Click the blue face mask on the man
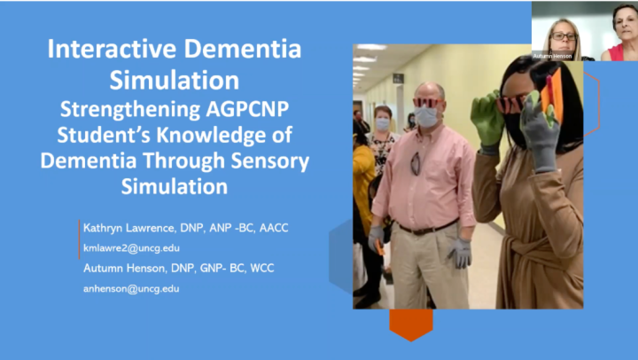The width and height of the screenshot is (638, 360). point(426,115)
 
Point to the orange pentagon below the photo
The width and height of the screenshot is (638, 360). point(410,325)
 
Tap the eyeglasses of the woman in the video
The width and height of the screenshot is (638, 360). point(563,36)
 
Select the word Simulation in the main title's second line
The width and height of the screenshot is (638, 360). point(174,81)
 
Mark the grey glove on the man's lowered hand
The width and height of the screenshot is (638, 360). point(459,253)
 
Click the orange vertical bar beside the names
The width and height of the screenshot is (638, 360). point(81,239)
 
